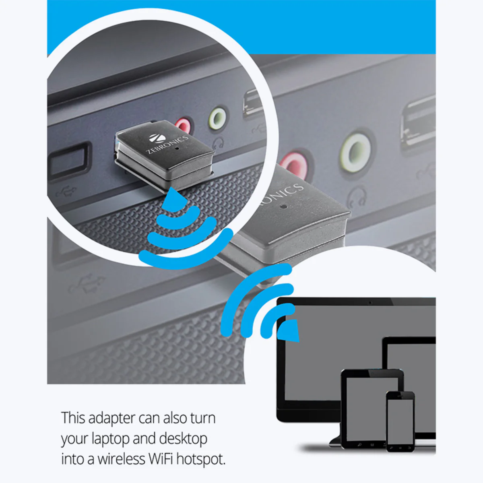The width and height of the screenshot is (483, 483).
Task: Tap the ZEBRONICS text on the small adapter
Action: [x=167, y=144]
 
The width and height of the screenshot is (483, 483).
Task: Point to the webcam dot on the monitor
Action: [x=370, y=303]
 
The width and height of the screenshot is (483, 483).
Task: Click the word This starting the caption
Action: [x=73, y=418]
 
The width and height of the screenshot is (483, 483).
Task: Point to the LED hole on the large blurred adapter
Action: [x=283, y=207]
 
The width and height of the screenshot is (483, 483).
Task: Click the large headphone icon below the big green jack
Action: [x=357, y=196]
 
